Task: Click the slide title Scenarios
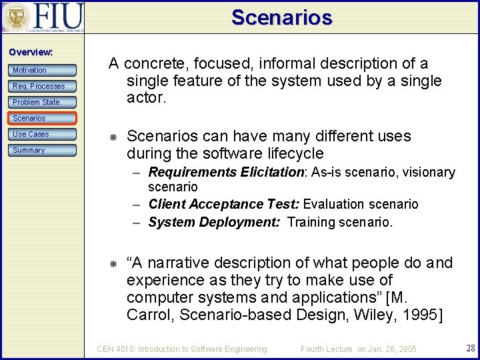pos(281,17)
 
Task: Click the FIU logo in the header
pos(43,17)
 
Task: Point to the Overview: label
pos(31,52)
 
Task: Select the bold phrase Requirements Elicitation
pos(226,173)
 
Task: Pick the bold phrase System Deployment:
pos(214,222)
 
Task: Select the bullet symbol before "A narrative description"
pos(113,264)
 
